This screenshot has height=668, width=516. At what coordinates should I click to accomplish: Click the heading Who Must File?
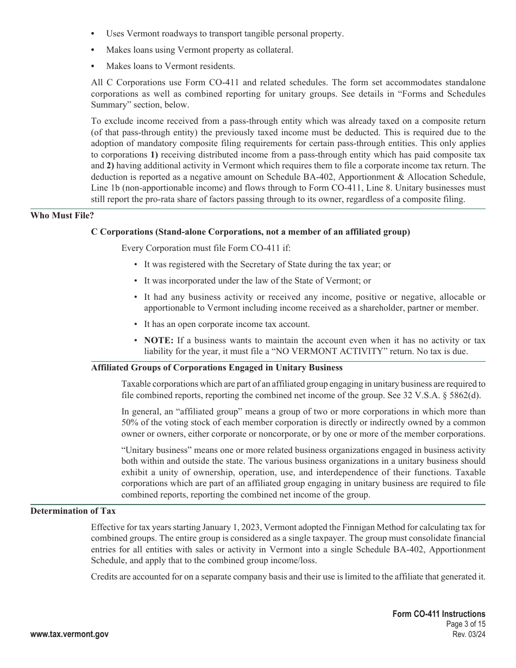(x=62, y=216)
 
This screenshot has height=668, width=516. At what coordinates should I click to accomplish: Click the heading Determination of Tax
(x=73, y=511)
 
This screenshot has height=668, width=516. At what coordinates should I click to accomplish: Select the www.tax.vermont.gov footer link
(x=69, y=634)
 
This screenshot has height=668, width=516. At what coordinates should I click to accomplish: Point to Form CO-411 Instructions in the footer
(x=439, y=614)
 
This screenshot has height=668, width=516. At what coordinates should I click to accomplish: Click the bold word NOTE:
(x=158, y=341)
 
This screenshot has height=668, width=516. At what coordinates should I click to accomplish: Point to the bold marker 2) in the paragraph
(x=110, y=166)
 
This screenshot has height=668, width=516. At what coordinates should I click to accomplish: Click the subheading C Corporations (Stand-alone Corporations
(x=250, y=232)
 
